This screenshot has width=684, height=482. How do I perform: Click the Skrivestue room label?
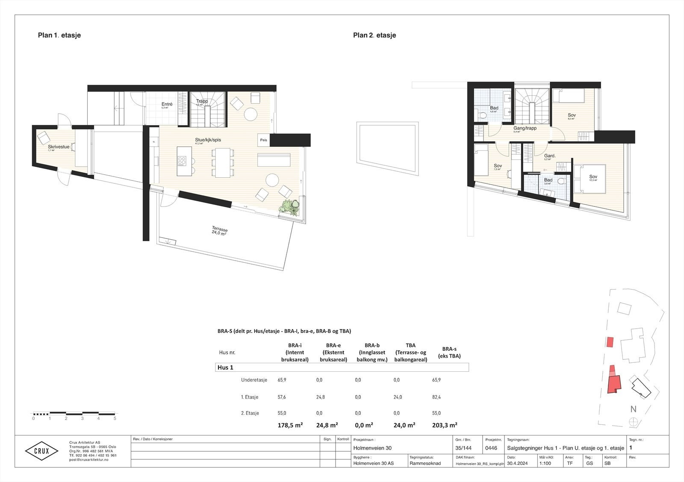coord(59,147)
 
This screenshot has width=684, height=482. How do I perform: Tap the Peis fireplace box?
coord(263,140)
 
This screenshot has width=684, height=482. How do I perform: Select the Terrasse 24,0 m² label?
coord(219,231)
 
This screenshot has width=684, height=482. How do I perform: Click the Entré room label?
coord(167,104)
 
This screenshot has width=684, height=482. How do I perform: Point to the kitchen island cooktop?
coord(182,161)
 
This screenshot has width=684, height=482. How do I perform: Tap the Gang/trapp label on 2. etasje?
coord(525,128)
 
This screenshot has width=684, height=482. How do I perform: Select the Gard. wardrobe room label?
coord(549,156)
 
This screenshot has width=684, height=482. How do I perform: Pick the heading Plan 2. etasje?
coord(374,35)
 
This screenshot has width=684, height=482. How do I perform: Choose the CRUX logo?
coord(41,451)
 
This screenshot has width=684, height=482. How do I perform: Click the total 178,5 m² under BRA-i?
coord(290,425)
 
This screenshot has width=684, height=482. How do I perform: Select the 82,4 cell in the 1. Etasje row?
coord(436,397)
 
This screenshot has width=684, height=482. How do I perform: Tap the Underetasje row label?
coord(254,380)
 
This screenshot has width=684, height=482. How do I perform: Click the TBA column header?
coord(410,345)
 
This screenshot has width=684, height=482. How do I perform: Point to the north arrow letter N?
coord(633,409)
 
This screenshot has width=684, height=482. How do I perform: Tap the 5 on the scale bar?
coord(115,418)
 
